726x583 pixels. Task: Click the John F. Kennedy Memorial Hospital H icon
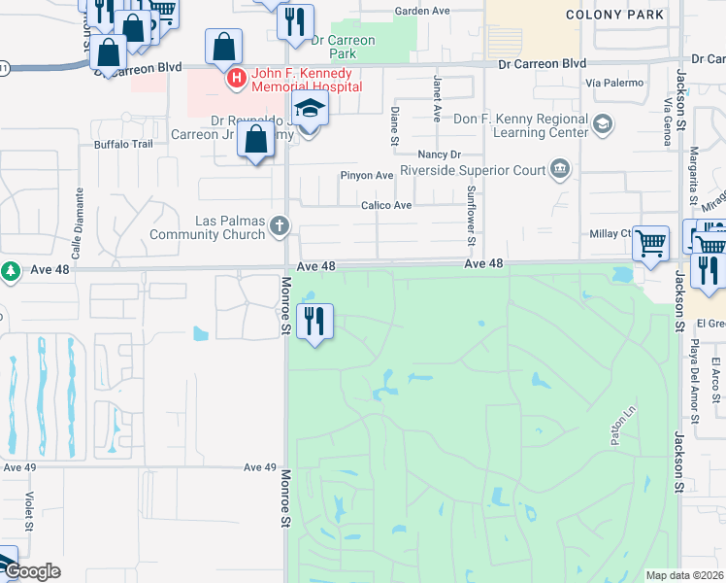coord(234,79)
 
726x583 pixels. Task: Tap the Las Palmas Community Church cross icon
coord(280,226)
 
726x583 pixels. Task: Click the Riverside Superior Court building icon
coord(560,171)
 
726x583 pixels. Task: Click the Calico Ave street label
coord(386,206)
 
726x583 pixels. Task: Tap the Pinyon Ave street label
coord(366,176)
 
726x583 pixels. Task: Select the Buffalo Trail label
coord(123,145)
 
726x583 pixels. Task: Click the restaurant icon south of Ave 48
coord(313,321)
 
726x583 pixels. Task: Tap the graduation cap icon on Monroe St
coord(309,109)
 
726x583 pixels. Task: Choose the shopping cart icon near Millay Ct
coord(650,242)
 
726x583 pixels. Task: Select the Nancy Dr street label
coord(438,154)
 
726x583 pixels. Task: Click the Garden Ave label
coord(422,12)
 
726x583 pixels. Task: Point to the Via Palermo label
coord(615,83)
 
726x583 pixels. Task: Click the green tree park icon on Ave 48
coord(11,271)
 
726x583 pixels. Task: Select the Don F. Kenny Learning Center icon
coord(603,123)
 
